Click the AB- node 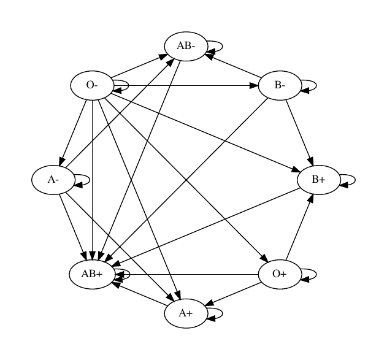click(x=186, y=46)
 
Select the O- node click(x=92, y=85)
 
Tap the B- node click(x=280, y=85)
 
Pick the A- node click(x=53, y=180)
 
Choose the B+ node click(x=319, y=180)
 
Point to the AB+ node click(x=92, y=274)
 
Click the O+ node click(x=280, y=274)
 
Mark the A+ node click(x=186, y=313)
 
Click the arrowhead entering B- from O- click(x=254, y=86)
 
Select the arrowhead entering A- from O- click(x=62, y=162)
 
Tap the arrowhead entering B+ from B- click(x=310, y=161)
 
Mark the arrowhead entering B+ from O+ click(x=310, y=198)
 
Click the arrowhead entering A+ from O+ click(x=209, y=303)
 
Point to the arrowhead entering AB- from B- click(x=209, y=56)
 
